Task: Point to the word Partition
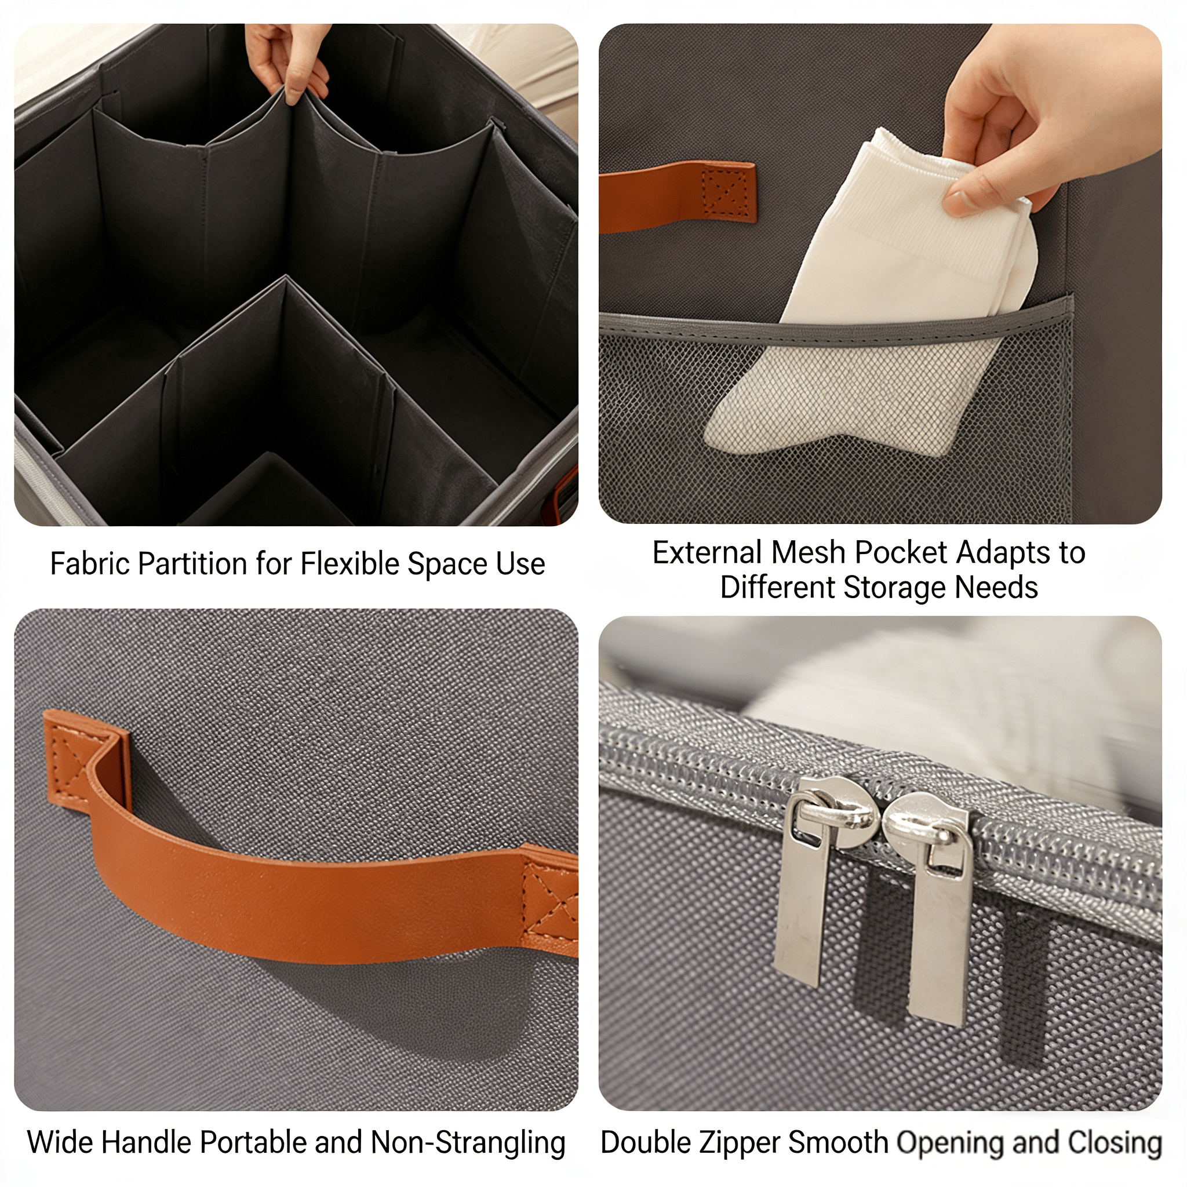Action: pos(193,564)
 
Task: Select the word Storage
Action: pos(896,589)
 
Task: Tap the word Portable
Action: pos(253,1143)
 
